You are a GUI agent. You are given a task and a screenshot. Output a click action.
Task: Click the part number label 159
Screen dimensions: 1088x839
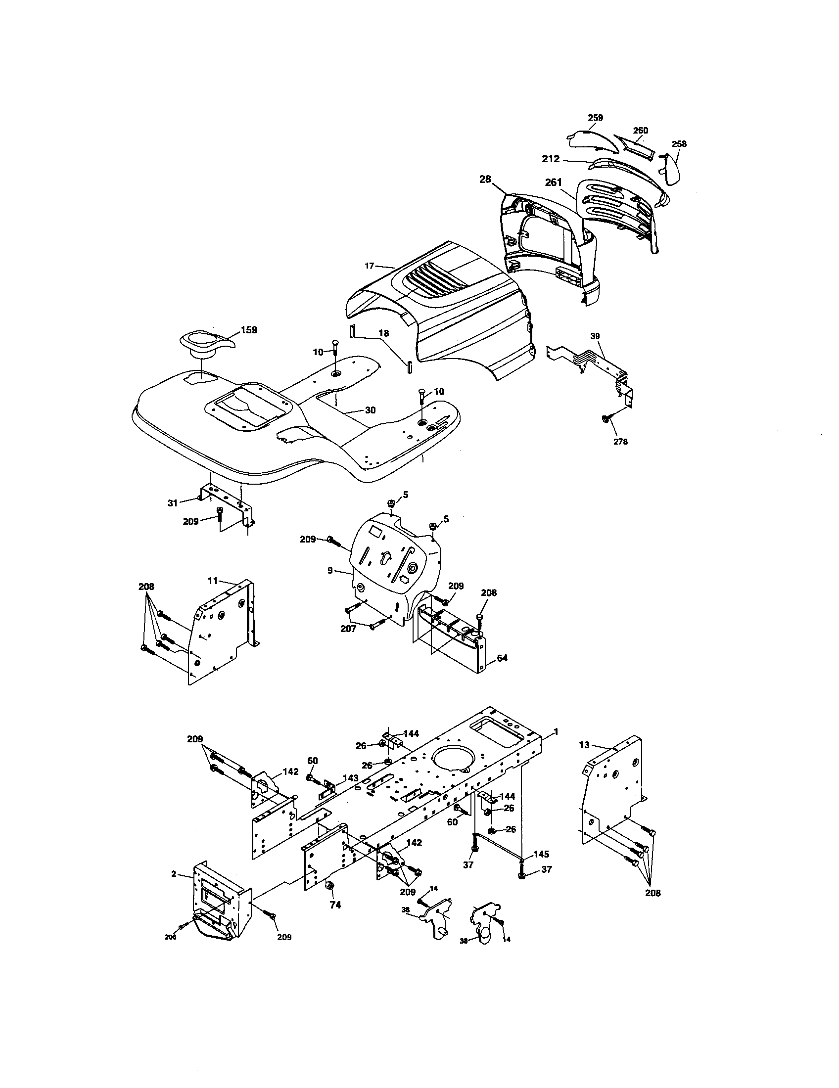pyautogui.click(x=249, y=330)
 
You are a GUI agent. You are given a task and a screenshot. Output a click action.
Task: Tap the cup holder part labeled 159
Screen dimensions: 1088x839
pyautogui.click(x=204, y=343)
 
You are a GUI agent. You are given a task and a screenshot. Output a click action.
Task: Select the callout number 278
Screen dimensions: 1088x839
pyautogui.click(x=620, y=441)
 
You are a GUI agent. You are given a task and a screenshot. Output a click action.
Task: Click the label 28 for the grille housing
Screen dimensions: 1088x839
pyautogui.click(x=485, y=180)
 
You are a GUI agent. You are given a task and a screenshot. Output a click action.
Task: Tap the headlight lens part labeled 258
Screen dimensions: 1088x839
pyautogui.click(x=671, y=169)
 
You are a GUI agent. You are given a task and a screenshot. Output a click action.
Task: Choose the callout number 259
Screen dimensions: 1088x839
pyautogui.click(x=596, y=118)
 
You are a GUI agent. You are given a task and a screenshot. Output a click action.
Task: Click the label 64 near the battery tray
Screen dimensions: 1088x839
pyautogui.click(x=502, y=658)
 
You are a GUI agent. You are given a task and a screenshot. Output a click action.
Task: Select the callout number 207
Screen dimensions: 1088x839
pyautogui.click(x=348, y=629)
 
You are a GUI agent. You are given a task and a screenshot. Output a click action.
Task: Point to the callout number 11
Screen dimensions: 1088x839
pyautogui.click(x=213, y=580)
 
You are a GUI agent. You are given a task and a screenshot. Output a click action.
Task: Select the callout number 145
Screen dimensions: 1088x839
pyautogui.click(x=541, y=854)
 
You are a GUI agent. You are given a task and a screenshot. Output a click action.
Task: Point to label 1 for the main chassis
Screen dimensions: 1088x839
pyautogui.click(x=556, y=731)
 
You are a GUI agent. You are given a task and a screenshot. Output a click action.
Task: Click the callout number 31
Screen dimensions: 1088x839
pyautogui.click(x=172, y=503)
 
